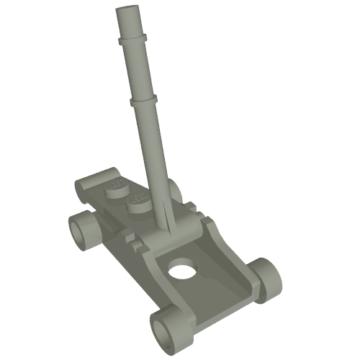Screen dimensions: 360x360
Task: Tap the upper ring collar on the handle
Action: pos(132,35)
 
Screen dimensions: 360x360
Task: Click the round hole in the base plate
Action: pos(183,272)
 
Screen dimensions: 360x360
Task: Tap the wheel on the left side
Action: pos(84,230)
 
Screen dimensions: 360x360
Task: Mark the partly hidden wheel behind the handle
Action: pos(173,190)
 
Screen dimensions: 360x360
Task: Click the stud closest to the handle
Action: pos(140,203)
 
